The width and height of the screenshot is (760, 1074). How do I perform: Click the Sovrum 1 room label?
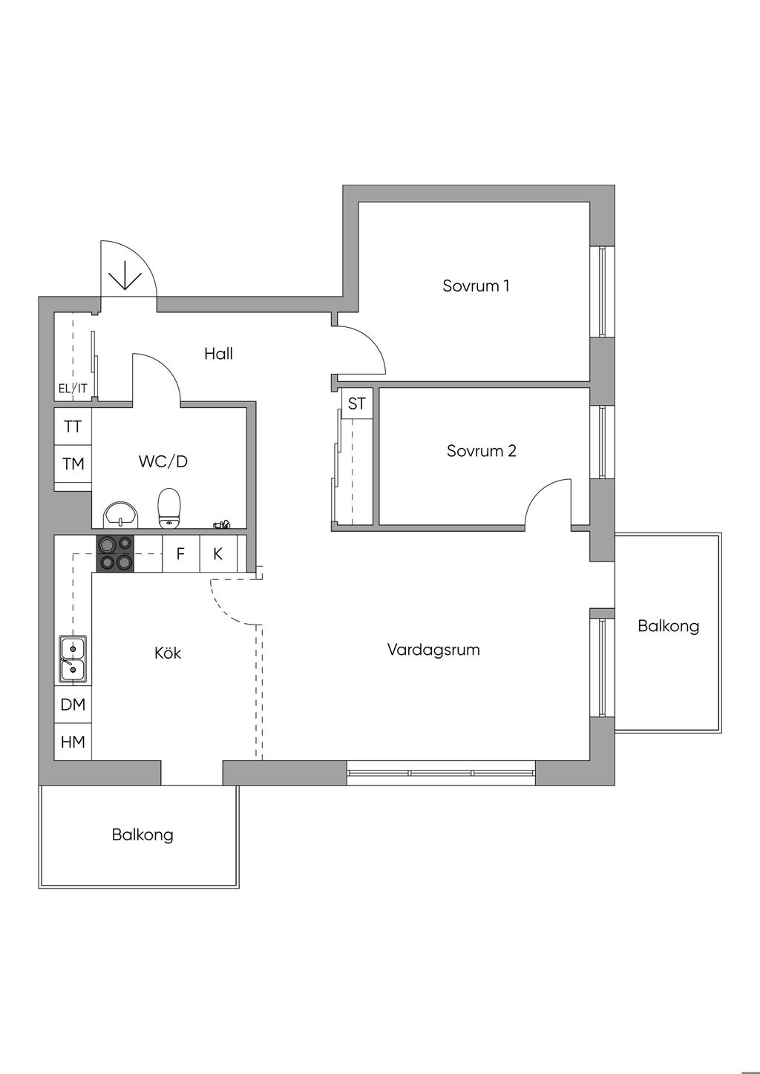click(x=476, y=286)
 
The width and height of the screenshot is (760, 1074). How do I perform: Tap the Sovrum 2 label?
click(x=481, y=451)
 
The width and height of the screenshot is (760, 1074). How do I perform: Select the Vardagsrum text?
click(x=433, y=650)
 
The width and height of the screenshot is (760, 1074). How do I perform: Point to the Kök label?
click(x=168, y=653)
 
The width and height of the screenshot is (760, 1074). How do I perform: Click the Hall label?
click(x=218, y=354)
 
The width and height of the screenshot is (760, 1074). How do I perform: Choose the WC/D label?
click(x=163, y=461)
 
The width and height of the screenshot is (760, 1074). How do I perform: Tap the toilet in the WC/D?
click(x=170, y=507)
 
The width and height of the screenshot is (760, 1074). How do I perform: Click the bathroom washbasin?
click(x=120, y=514)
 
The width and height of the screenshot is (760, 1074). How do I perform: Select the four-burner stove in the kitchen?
click(x=115, y=554)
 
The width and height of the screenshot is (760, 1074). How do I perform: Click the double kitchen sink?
click(x=73, y=659)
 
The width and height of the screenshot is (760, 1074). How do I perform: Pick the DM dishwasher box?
click(x=73, y=705)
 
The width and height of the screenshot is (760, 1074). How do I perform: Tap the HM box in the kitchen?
click(x=73, y=742)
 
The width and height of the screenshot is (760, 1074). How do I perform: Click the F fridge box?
click(x=180, y=554)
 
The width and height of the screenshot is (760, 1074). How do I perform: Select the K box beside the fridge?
click(x=218, y=554)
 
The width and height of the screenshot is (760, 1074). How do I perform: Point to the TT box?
click(x=73, y=426)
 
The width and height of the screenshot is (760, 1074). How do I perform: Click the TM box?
click(x=73, y=464)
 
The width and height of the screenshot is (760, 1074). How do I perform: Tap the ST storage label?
click(x=357, y=403)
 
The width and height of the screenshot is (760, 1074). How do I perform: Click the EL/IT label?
click(x=73, y=388)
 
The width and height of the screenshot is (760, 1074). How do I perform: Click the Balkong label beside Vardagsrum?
click(x=668, y=626)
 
